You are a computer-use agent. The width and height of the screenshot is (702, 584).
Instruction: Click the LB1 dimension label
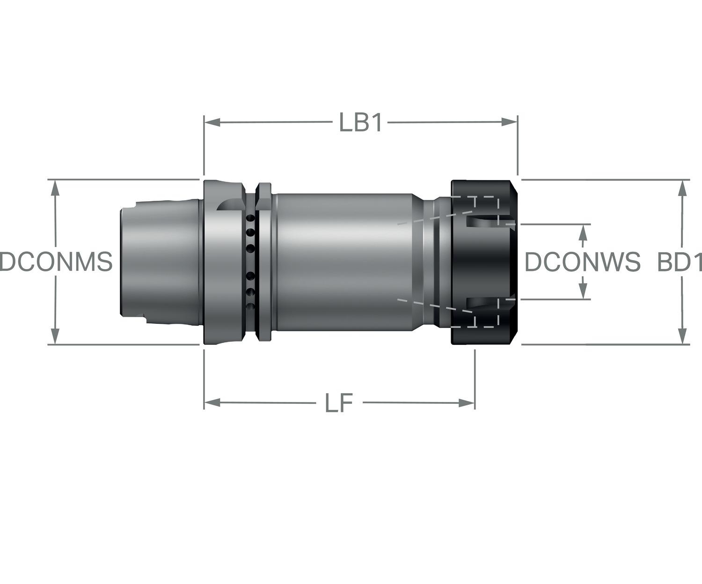[x=360, y=122]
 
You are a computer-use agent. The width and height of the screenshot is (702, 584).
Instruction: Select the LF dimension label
[x=339, y=403]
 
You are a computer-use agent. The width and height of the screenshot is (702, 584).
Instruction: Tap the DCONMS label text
[x=56, y=262]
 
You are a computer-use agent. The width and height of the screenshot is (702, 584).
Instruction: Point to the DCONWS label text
[x=583, y=262]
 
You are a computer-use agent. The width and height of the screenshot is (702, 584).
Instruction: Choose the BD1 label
[x=680, y=262]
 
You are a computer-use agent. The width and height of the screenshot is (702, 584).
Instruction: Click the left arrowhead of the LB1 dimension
[x=212, y=122]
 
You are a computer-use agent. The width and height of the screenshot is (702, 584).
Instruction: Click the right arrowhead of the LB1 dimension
[x=509, y=122]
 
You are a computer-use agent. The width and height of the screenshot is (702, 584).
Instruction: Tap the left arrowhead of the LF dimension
[x=212, y=402]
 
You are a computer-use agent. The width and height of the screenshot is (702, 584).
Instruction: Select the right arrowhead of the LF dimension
[x=467, y=403]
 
